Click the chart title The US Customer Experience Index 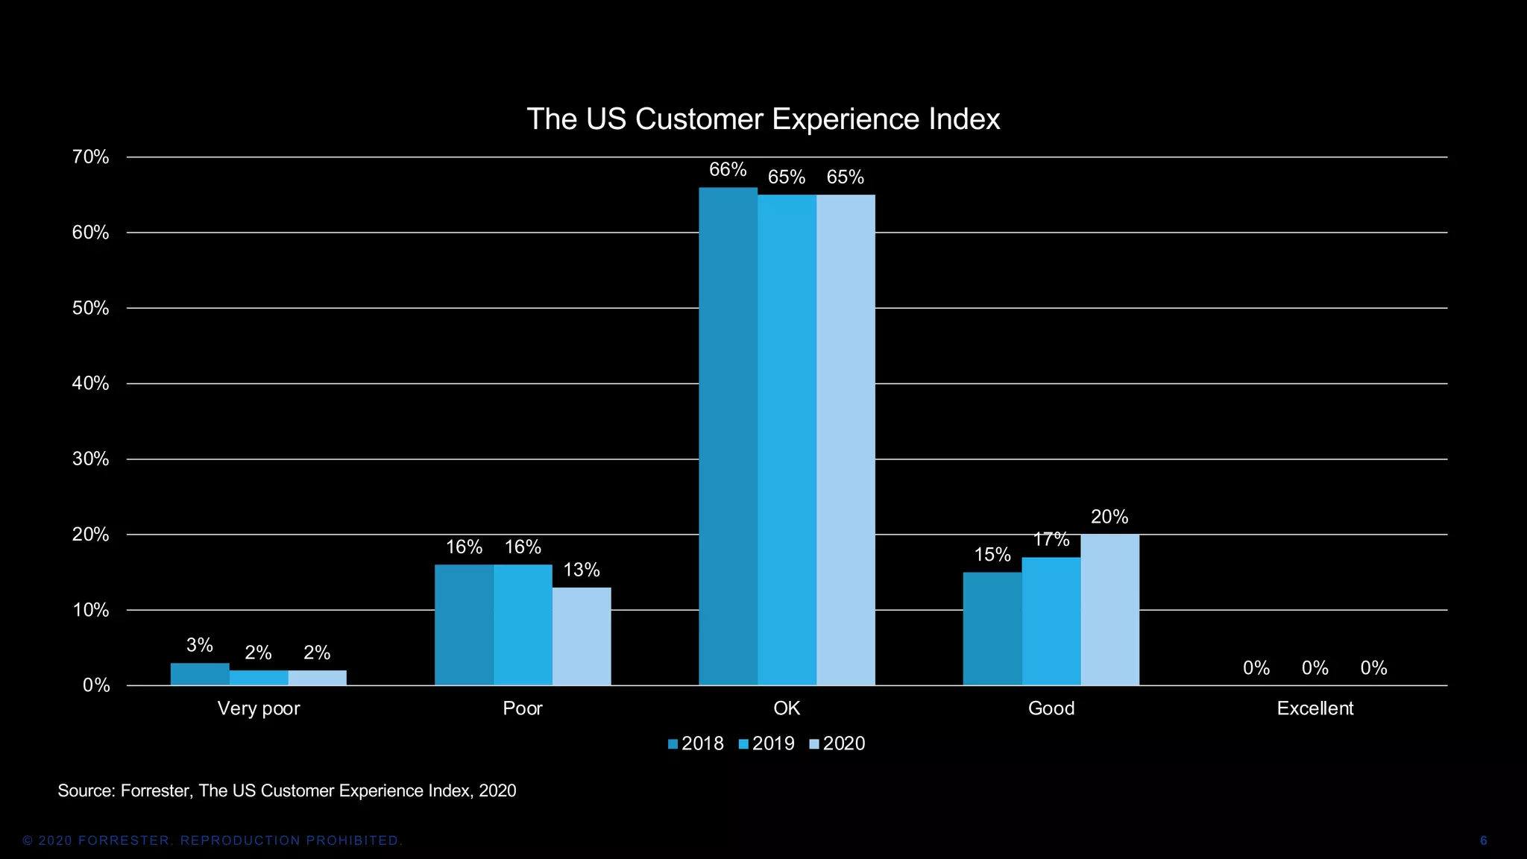[763, 119]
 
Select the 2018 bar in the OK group [728, 436]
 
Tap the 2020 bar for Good [1109, 610]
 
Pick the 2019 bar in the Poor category [523, 625]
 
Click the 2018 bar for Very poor [199, 674]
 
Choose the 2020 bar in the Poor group [582, 636]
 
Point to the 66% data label [728, 170]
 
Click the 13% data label [582, 570]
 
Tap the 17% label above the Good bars [1051, 540]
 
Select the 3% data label [199, 645]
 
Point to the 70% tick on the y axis [91, 157]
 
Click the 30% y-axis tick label [91, 459]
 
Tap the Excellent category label [1315, 708]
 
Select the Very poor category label [258, 708]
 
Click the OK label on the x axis [787, 708]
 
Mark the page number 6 [1483, 841]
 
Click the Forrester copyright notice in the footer [212, 841]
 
